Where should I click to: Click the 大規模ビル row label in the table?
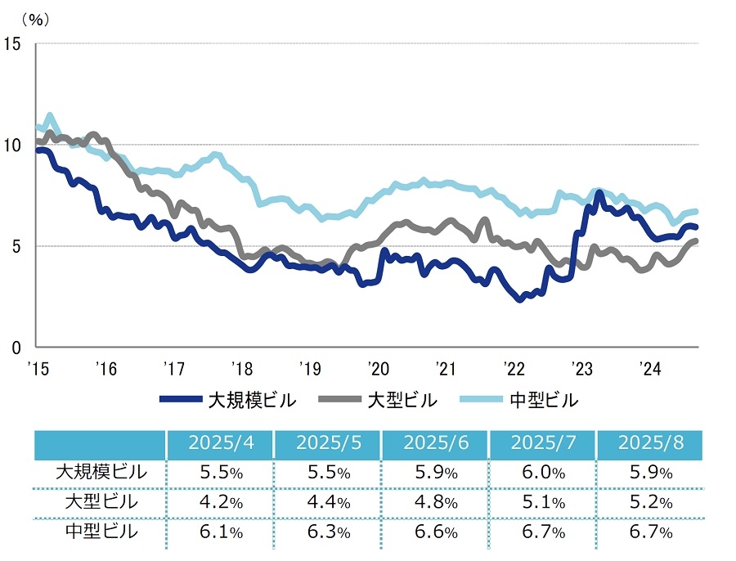(101, 472)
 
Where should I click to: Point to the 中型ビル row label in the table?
(101, 532)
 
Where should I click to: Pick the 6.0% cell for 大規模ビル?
(543, 473)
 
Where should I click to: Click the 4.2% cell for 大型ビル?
(221, 502)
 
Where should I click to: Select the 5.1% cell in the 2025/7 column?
(543, 502)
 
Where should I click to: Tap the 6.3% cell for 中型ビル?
(328, 532)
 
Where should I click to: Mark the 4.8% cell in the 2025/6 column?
(436, 502)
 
